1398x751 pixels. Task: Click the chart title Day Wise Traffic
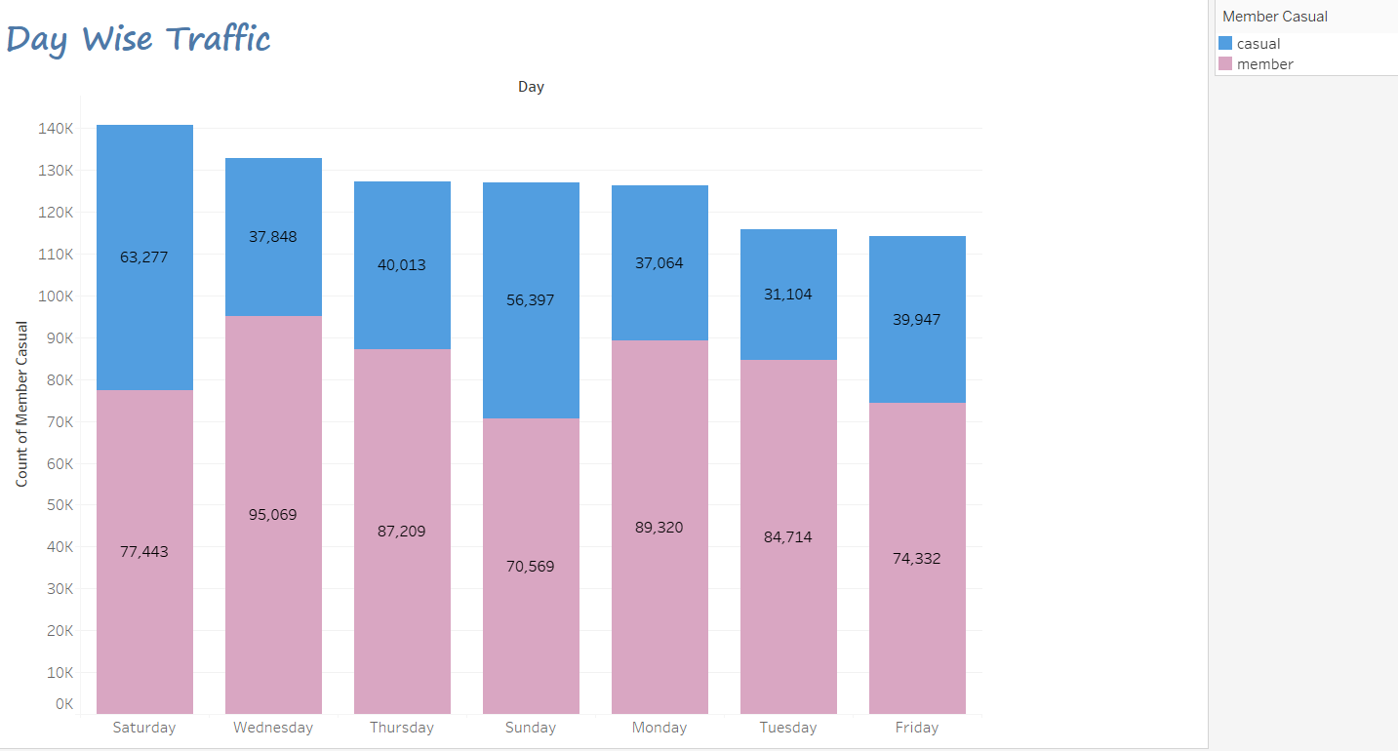click(139, 39)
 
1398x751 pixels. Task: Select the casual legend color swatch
click(1225, 43)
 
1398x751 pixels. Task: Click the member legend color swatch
click(1225, 64)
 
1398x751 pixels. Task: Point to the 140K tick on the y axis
click(57, 129)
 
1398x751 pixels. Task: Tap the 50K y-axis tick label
click(60, 505)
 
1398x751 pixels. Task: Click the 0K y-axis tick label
click(64, 703)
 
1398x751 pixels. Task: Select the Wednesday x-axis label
click(273, 728)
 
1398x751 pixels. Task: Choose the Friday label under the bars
click(917, 728)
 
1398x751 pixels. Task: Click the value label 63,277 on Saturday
click(144, 257)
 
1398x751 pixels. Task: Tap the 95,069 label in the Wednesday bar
click(273, 515)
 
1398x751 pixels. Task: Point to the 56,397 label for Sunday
click(531, 300)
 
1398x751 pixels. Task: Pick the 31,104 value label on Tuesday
click(788, 295)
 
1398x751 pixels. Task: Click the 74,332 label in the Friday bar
click(917, 559)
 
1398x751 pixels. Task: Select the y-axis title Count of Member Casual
click(21, 404)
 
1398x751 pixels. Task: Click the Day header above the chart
click(531, 87)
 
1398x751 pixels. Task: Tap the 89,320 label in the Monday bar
click(659, 528)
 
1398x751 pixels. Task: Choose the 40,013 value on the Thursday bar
click(402, 265)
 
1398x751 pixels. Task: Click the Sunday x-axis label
click(531, 728)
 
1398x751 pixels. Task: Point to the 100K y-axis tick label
click(57, 296)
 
